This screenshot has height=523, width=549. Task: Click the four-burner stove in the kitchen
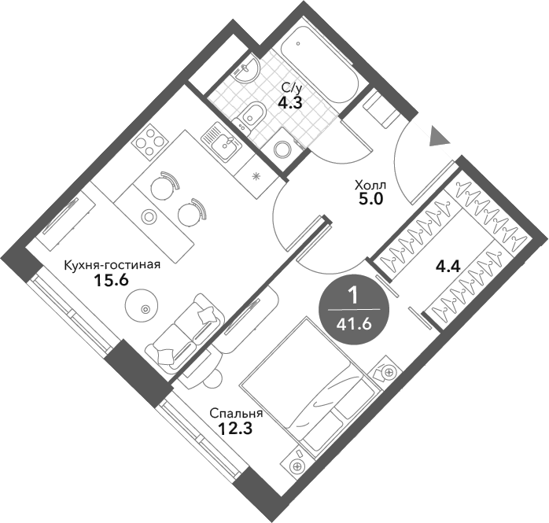click(149, 142)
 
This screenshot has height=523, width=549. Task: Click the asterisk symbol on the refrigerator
click(256, 175)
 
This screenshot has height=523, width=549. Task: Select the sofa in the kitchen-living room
click(187, 330)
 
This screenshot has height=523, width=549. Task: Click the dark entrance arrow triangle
click(438, 137)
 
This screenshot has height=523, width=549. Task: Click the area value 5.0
click(370, 199)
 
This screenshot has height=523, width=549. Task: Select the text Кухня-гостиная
click(112, 265)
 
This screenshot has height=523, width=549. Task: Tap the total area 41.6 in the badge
click(353, 322)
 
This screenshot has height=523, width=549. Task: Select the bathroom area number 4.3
click(288, 101)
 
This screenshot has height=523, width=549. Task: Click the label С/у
click(290, 87)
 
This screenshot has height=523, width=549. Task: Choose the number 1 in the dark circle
click(353, 296)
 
